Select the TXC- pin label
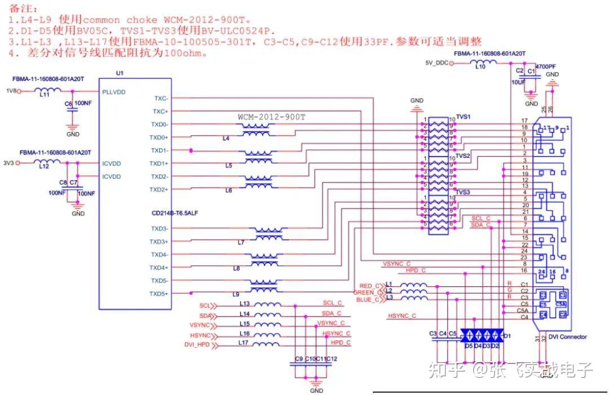click(161, 98)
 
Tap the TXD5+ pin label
click(159, 294)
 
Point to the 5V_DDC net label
click(436, 63)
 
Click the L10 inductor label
click(480, 66)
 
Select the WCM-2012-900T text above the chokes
click(271, 117)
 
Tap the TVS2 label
click(463, 156)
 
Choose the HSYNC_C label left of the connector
click(401, 316)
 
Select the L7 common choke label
click(241, 242)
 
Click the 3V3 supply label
click(8, 163)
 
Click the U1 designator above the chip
click(119, 73)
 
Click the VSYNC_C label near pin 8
click(396, 264)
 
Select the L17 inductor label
click(244, 342)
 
